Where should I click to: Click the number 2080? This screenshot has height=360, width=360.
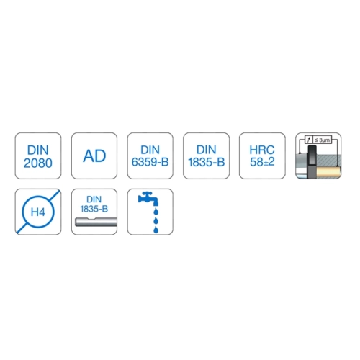[x=38, y=163]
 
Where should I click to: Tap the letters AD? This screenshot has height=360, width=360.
[x=94, y=156]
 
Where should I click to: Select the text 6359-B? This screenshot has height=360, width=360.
[x=150, y=162]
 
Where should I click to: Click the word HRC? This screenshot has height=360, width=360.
[x=262, y=150]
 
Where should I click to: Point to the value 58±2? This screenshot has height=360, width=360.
[x=262, y=162]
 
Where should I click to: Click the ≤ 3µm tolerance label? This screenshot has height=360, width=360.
[x=323, y=140]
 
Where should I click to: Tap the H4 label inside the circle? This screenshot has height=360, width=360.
[x=38, y=212]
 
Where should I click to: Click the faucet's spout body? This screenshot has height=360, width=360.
[x=148, y=199]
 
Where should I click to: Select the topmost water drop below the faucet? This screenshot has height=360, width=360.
[x=156, y=212]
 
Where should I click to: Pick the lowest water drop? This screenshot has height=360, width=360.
[x=156, y=230]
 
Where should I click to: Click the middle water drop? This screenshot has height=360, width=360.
[x=156, y=220]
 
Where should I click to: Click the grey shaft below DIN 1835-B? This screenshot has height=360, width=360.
[x=96, y=222]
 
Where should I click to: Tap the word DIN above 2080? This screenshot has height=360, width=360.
[x=38, y=150]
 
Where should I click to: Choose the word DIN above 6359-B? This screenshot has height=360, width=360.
[x=150, y=150]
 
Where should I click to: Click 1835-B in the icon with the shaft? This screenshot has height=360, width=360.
[x=94, y=209]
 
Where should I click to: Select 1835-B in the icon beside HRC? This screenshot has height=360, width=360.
[x=206, y=162]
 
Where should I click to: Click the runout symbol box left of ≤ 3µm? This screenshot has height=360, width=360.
[x=309, y=140]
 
